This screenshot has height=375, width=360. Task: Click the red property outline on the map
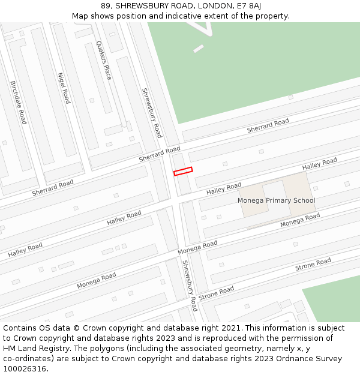pos(183,172)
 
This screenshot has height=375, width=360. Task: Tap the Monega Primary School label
pos(276,200)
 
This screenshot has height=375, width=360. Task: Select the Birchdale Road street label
pos(19,103)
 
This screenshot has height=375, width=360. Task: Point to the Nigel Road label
pos(64,88)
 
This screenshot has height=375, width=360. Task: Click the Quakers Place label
pos(104,60)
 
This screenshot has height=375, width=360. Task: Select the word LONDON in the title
pos(219,5)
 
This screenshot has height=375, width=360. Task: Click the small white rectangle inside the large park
pos(199,49)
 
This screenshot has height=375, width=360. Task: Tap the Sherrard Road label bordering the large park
pos(268,126)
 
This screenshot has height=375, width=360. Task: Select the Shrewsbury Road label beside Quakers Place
pos(152,112)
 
